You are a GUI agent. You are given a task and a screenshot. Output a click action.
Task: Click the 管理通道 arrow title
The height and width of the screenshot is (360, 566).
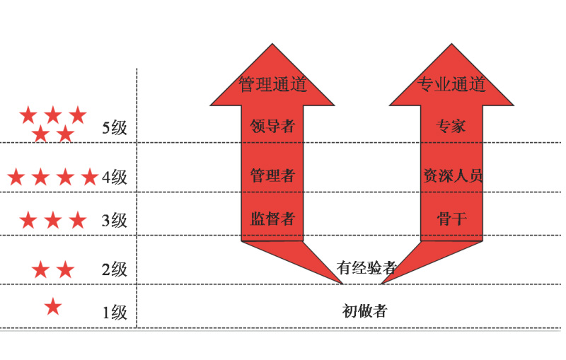(272, 85)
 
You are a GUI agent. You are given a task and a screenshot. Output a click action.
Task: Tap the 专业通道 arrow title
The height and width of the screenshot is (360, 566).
(451, 85)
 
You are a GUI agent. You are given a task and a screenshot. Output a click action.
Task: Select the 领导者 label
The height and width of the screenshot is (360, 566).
(272, 127)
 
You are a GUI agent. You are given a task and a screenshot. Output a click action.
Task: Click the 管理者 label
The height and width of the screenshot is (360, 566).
(272, 175)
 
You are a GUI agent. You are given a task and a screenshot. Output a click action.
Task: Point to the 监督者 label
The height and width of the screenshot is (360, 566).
(272, 218)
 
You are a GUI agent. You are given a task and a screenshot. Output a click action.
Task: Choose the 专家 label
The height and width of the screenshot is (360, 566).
(451, 127)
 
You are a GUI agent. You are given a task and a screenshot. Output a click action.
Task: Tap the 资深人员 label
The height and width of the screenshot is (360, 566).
(452, 175)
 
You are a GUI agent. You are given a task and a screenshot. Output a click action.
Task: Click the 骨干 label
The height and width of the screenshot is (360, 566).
(451, 218)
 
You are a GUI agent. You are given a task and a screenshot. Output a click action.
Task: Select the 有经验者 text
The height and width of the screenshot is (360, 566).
(366, 267)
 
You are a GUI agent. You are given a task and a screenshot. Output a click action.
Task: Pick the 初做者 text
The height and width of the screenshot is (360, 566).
(364, 310)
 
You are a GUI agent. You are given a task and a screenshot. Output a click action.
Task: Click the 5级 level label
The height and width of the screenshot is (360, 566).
(115, 128)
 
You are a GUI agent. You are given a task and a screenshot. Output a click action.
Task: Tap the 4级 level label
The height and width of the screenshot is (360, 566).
(115, 177)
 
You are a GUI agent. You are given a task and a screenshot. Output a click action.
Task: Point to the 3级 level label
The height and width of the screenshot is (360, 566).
(115, 221)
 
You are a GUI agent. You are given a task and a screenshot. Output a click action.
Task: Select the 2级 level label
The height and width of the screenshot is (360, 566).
(115, 269)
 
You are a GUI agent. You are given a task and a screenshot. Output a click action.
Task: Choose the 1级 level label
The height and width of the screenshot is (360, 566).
(115, 312)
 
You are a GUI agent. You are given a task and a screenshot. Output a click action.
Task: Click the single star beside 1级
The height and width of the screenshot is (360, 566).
(53, 306)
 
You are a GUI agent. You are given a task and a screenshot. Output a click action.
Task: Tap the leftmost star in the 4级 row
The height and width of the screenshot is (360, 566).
(16, 177)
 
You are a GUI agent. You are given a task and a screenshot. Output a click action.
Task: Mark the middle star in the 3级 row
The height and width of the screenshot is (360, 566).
(53, 220)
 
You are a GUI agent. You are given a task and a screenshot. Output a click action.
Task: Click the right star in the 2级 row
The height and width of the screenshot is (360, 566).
(65, 269)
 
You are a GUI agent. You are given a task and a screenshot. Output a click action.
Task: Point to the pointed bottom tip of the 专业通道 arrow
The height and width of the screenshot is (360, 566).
(382, 283)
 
